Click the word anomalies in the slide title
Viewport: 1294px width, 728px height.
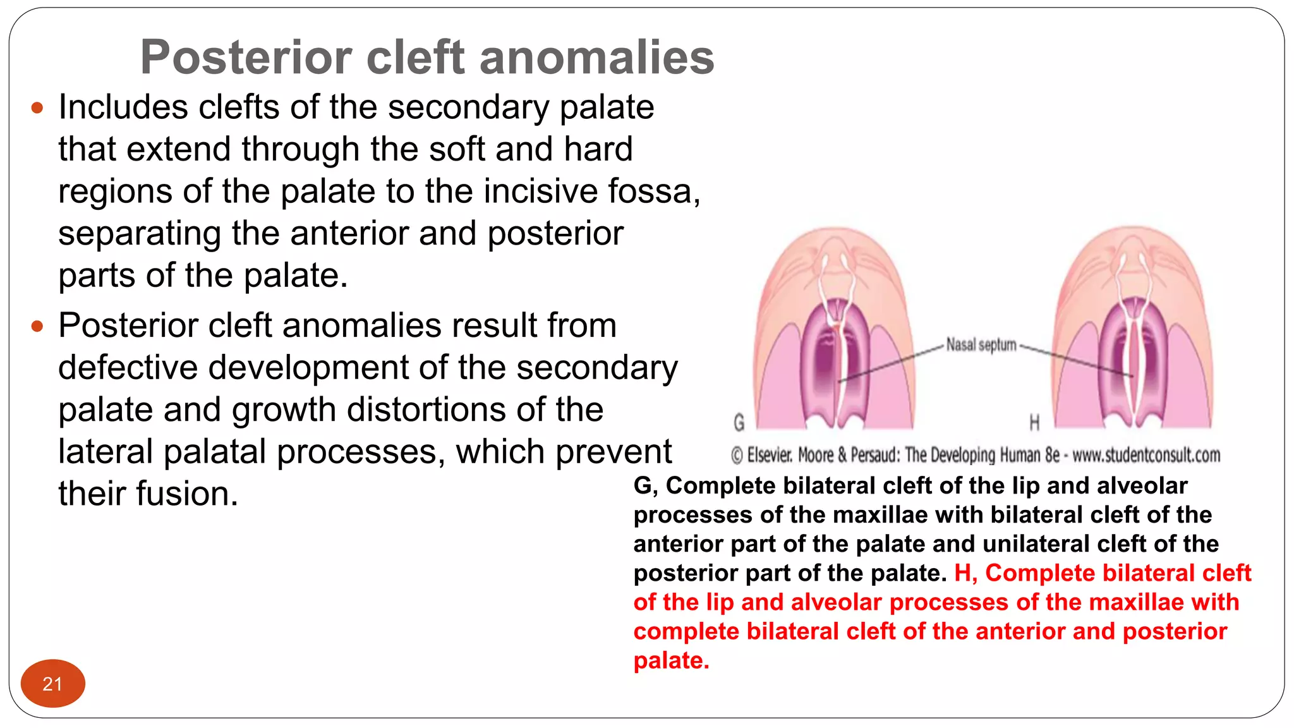click(x=596, y=58)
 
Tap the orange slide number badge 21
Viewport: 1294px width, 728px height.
click(x=52, y=684)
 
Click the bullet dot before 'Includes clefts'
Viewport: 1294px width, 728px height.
click(x=37, y=108)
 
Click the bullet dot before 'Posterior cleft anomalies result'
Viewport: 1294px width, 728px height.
click(x=37, y=327)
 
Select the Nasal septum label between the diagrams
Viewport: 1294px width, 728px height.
click(x=981, y=345)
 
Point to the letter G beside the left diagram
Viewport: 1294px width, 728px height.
click(x=739, y=422)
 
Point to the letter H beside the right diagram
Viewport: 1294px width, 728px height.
click(x=1034, y=422)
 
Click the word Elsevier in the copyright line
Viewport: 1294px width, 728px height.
click(x=770, y=455)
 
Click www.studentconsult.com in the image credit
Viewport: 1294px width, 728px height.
click(x=1146, y=455)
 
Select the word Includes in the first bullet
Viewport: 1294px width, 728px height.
click(x=123, y=107)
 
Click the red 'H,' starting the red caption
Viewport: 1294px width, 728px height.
click(x=965, y=573)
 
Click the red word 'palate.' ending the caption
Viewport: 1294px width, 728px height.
click(x=671, y=660)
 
